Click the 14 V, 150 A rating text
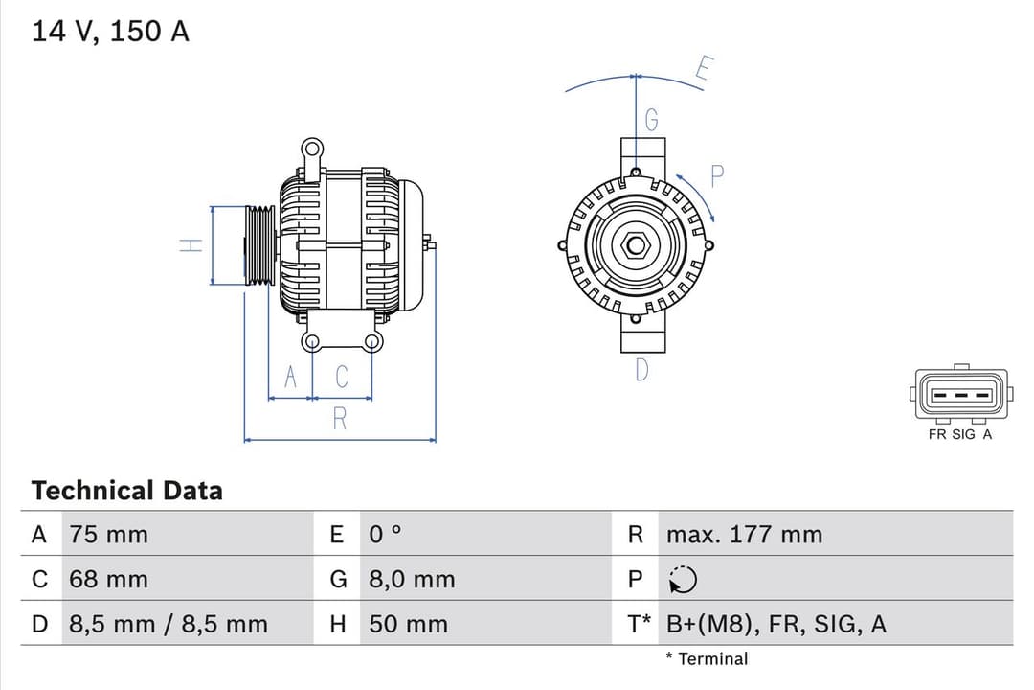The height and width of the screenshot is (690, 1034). click(110, 31)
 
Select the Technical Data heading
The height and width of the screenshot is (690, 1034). click(126, 491)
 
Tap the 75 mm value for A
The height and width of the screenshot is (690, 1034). click(108, 535)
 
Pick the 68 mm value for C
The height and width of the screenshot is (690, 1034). click(108, 580)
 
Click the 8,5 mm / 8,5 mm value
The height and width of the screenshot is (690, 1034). click(169, 625)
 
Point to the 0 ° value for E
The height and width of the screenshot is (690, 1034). click(386, 535)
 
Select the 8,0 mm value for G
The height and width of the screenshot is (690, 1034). click(412, 580)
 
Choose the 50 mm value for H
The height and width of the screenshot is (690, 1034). click(408, 625)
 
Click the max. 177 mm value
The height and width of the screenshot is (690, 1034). click(744, 535)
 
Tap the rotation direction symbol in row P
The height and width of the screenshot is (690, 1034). click(684, 580)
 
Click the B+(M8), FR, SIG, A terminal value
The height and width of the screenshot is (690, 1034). click(776, 625)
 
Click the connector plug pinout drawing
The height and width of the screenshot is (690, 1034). click(960, 394)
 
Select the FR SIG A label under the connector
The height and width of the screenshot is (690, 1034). click(960, 434)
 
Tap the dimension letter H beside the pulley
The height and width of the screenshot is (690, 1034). click(192, 245)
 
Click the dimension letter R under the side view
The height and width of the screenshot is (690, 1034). click(339, 419)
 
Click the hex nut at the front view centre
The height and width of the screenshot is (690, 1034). click(635, 245)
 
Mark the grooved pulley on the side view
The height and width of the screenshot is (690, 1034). click(259, 245)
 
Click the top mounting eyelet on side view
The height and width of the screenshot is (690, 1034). click(311, 149)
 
